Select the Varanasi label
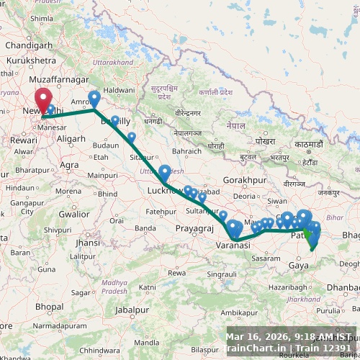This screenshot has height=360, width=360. tap(233, 246)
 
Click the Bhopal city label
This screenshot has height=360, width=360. tap(48, 306)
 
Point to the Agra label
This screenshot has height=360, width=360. tap(70, 165)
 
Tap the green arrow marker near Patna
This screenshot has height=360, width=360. tap(307, 232)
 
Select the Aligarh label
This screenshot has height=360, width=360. tap(71, 138)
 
